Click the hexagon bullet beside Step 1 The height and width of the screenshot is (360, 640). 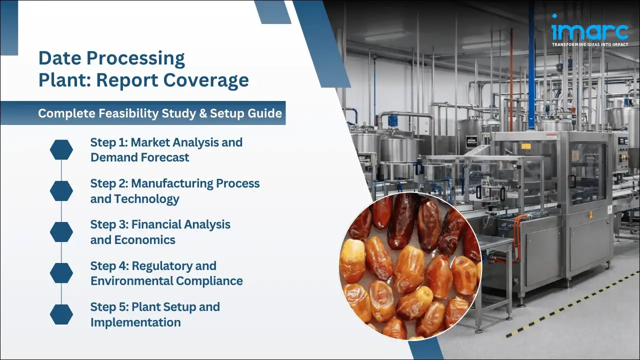click(61, 149)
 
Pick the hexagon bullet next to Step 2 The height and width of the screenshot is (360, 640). click(61, 190)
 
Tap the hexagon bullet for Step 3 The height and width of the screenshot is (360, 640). click(61, 231)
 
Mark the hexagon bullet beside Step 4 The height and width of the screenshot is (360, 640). click(61, 273)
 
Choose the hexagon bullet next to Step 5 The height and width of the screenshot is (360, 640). click(61, 314)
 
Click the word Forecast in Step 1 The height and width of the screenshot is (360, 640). click(165, 157)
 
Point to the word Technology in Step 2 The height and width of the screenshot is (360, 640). click(146, 199)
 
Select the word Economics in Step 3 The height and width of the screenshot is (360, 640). click(145, 240)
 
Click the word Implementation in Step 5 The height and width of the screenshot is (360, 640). click(135, 322)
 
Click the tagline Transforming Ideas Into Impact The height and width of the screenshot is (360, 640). click(589, 44)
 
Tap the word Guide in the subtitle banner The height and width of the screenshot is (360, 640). click(267, 113)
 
